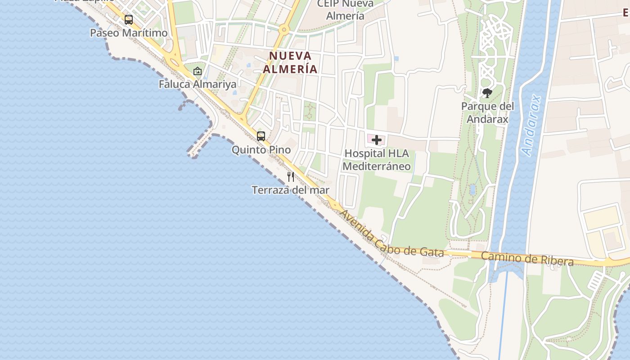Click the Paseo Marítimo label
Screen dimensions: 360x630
click(129, 33)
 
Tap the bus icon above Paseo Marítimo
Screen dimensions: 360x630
click(129, 20)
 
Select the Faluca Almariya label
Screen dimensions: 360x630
click(198, 84)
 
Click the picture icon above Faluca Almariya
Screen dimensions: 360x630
click(198, 71)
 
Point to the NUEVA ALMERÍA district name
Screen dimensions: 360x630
click(290, 63)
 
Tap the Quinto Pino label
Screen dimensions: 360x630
click(261, 150)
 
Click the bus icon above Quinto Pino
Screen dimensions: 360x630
click(261, 136)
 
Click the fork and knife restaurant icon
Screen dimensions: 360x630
click(291, 176)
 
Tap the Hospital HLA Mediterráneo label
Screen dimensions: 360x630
click(377, 160)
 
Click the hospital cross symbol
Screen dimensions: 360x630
click(377, 140)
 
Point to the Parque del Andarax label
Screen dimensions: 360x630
click(487, 113)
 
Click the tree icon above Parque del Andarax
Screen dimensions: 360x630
click(487, 93)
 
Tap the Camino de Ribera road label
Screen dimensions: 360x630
click(527, 259)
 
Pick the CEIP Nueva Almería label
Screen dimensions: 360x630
click(345, 10)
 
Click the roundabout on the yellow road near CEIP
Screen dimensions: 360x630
click(283, 30)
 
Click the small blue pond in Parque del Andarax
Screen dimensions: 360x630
click(472, 189)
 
